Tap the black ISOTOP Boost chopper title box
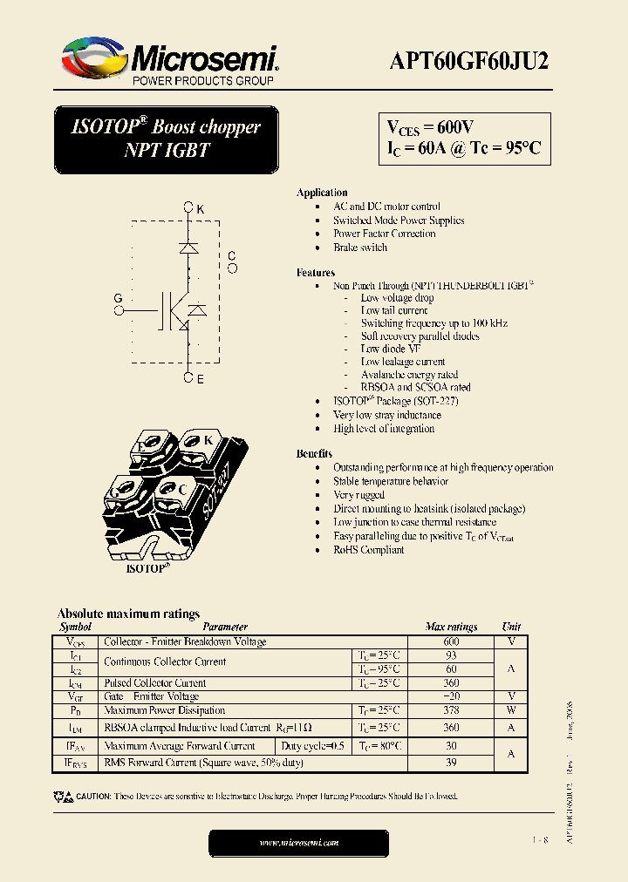tap(166, 139)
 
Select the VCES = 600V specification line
tap(431, 127)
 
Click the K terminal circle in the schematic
tap(188, 208)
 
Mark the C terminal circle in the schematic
tap(232, 268)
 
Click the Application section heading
tap(322, 193)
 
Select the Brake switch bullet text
tap(360, 248)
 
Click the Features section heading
tap(316, 273)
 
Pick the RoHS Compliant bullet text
tap(369, 550)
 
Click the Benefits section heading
tap(314, 454)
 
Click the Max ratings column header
tap(451, 627)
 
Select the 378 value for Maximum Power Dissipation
tap(451, 710)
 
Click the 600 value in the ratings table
tap(451, 641)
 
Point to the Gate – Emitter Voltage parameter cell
tap(152, 696)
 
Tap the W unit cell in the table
tap(511, 710)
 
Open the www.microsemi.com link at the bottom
tap(299, 843)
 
